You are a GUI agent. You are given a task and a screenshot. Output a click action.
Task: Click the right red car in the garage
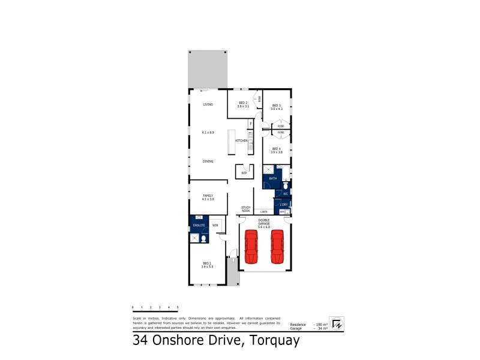(277, 247)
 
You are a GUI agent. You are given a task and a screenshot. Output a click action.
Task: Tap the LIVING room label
(208, 104)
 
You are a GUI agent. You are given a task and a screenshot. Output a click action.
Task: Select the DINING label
(208, 161)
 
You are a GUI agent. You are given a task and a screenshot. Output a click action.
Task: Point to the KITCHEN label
(242, 140)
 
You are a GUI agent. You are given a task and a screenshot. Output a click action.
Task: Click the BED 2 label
(243, 103)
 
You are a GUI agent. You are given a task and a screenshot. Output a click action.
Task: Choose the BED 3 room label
(276, 106)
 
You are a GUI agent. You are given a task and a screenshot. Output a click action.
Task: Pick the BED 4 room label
(276, 149)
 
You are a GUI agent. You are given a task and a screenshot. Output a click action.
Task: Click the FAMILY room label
(208, 195)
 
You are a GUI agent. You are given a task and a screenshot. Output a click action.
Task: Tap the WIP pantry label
(244, 173)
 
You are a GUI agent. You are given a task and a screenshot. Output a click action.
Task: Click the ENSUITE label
(199, 225)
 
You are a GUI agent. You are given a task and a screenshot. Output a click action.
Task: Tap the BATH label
(272, 179)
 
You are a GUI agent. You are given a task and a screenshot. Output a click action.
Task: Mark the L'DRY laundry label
(283, 205)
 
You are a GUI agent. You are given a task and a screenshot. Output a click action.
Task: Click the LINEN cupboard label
(263, 212)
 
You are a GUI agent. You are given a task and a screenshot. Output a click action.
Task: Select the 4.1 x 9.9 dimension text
(208, 132)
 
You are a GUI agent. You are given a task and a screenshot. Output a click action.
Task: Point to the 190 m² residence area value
(323, 324)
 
